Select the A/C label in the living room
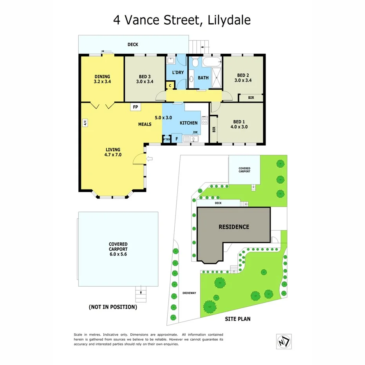[x=84, y=123]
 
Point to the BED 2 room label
[x=243, y=78]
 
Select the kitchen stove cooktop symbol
[x=204, y=120]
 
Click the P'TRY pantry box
[x=166, y=139]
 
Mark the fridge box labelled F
[x=177, y=139]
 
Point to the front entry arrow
[x=149, y=158]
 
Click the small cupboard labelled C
[x=170, y=85]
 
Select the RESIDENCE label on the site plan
[x=233, y=227]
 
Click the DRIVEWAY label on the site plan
[x=189, y=293]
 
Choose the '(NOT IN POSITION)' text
[x=113, y=307]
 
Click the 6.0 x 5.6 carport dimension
[x=118, y=254]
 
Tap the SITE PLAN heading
[x=237, y=319]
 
